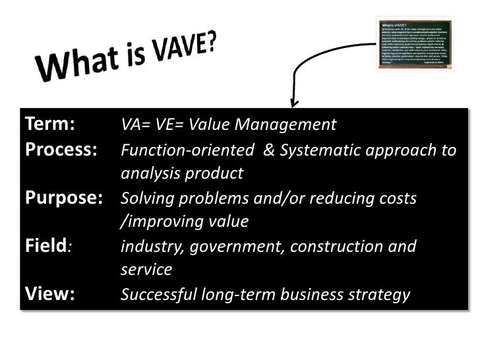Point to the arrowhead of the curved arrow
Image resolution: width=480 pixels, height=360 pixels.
294,104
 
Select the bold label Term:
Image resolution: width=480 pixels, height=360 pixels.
49,125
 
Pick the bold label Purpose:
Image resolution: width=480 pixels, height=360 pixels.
63,198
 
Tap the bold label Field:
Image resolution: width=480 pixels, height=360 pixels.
48,247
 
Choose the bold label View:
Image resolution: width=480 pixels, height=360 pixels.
49,294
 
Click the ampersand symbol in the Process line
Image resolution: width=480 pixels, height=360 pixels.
268,150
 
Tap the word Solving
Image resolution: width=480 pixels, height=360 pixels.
146,198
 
